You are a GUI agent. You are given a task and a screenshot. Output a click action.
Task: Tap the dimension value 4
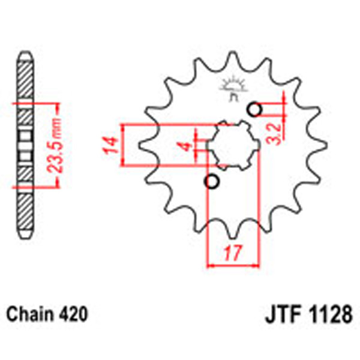(x=186, y=146)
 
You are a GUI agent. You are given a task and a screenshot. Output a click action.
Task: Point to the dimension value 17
(x=232, y=253)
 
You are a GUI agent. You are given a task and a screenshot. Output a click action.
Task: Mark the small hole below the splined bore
(x=211, y=181)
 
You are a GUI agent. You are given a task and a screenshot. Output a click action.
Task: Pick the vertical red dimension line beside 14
(x=123, y=145)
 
